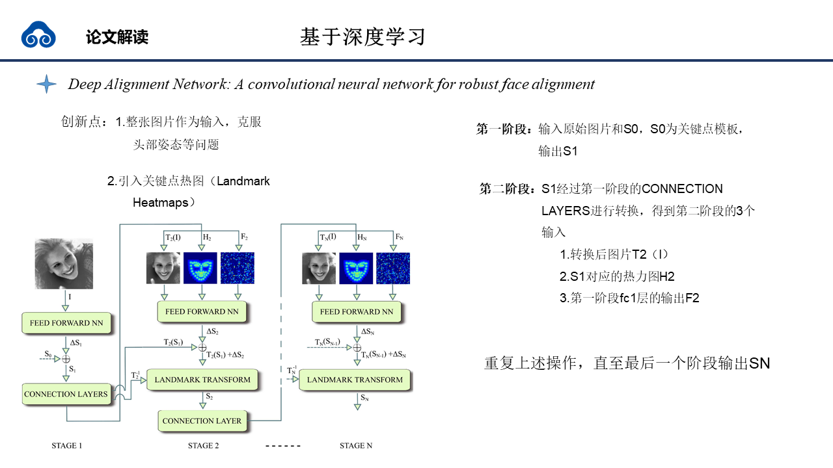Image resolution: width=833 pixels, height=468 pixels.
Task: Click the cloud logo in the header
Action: [x=38, y=35]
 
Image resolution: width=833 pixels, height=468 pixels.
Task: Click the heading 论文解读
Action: [x=117, y=37]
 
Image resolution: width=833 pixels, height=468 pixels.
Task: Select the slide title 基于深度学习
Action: [x=362, y=36]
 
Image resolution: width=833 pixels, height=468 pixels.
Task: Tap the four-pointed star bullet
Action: [x=46, y=84]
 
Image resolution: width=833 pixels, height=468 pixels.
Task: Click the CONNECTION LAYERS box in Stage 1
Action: [x=66, y=394]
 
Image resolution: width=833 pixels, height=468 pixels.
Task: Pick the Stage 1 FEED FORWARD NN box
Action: [x=66, y=322]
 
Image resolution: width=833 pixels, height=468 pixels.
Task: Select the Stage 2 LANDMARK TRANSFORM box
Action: [x=202, y=380]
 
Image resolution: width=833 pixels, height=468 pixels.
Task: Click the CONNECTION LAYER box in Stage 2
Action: [x=202, y=421]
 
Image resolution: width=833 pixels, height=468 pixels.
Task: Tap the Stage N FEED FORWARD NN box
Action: [x=357, y=311]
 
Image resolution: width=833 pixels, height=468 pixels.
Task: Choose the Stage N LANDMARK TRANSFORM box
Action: [x=355, y=380]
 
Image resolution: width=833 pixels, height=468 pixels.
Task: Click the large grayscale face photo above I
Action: [x=64, y=263]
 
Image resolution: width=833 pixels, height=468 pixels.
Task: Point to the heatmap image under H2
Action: [x=202, y=268]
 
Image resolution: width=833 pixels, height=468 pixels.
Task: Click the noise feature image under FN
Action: [x=395, y=268]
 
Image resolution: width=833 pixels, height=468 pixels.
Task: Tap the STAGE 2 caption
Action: [x=203, y=446]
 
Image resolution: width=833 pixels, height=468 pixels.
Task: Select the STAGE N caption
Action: [x=356, y=446]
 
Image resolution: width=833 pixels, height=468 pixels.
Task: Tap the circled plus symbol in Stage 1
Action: [x=66, y=358]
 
